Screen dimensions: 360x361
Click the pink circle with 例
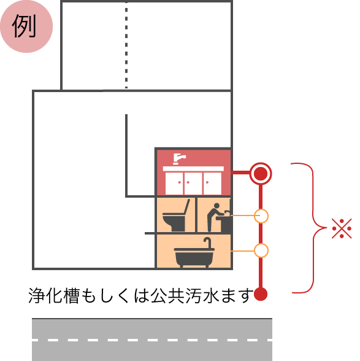click(x=26, y=26)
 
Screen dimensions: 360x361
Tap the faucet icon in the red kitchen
click(x=179, y=159)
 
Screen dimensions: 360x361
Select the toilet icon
click(x=176, y=215)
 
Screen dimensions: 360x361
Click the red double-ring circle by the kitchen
click(x=261, y=173)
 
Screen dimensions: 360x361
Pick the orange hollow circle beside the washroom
click(x=261, y=216)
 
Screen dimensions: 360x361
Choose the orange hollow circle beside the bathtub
click(x=261, y=250)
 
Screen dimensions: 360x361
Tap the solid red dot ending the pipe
click(x=261, y=294)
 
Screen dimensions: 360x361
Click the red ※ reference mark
click(x=342, y=228)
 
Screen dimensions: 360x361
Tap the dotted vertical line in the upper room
click(x=126, y=45)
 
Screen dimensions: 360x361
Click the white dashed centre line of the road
click(x=152, y=340)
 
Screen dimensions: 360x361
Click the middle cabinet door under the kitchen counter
click(x=193, y=184)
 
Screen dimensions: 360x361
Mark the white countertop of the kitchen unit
click(x=193, y=169)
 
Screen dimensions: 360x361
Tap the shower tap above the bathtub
click(x=207, y=243)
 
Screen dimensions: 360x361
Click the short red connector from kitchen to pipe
click(x=240, y=173)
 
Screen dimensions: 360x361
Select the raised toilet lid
click(x=187, y=208)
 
